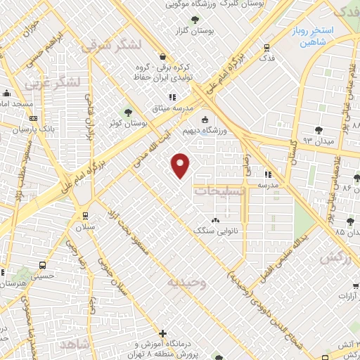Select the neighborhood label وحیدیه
coord(186,283)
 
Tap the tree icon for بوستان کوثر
coord(128,112)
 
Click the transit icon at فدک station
coord(266,48)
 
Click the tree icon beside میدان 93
coord(319,129)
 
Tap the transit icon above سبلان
coord(85,216)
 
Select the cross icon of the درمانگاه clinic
coord(163,333)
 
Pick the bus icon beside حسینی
coord(43,266)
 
